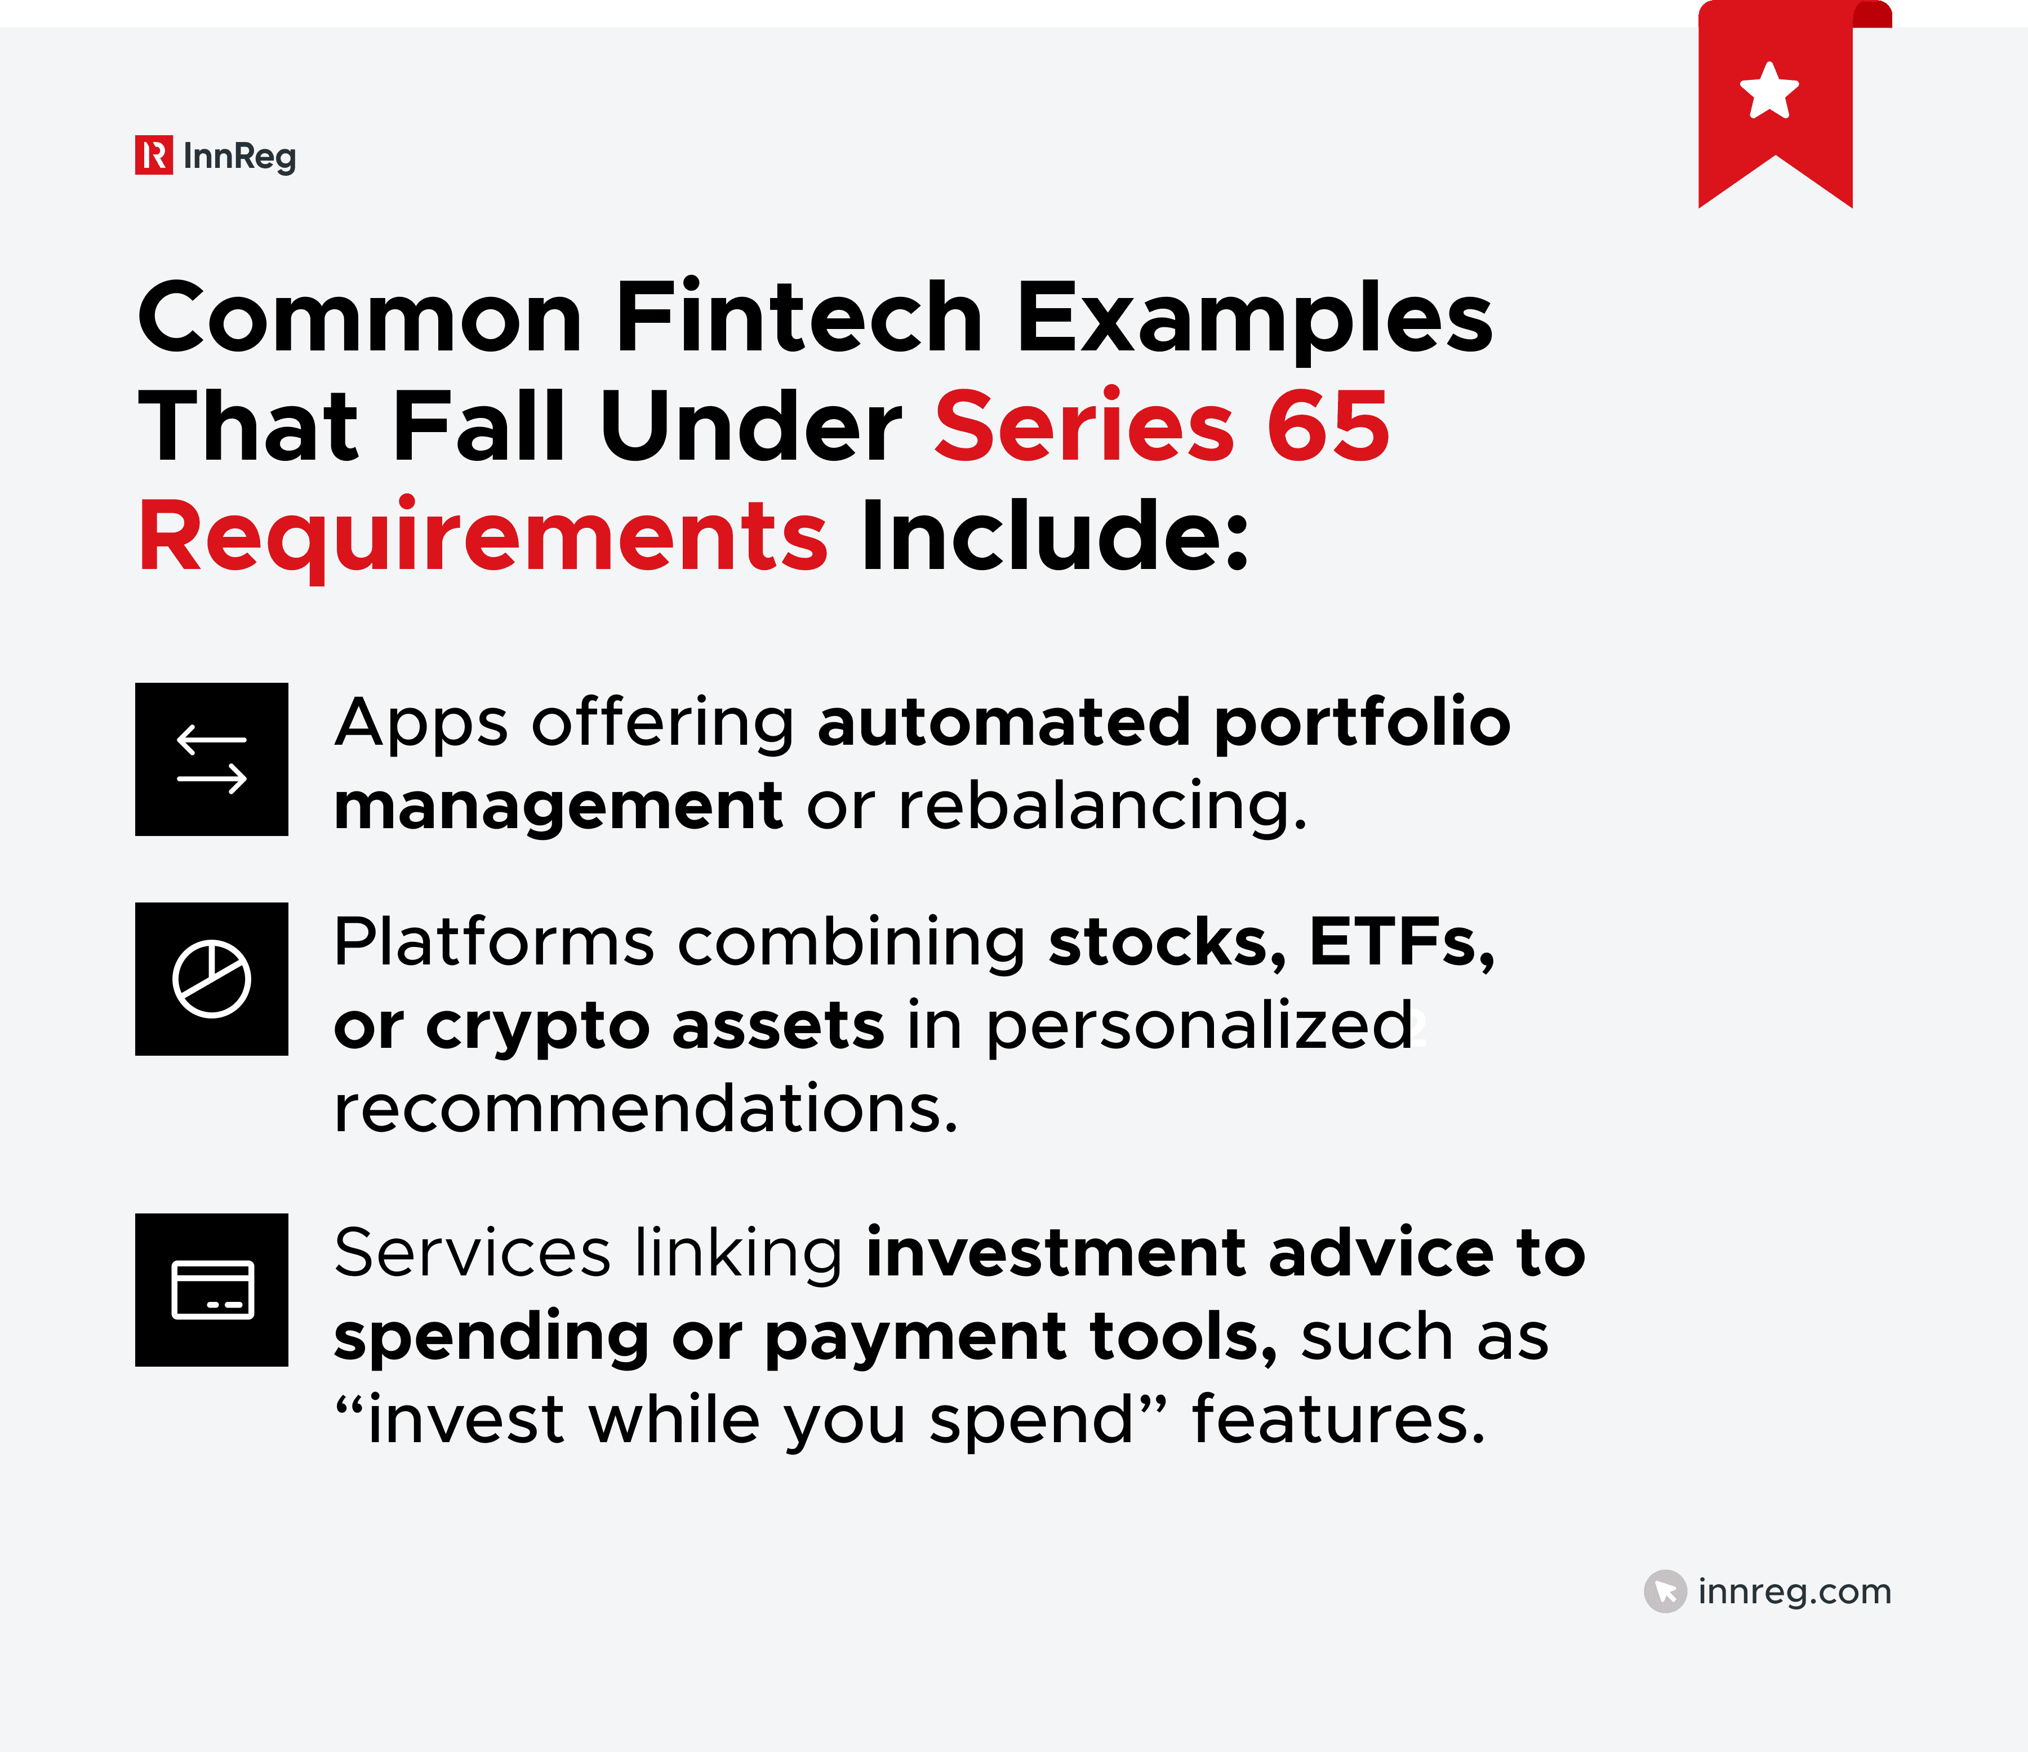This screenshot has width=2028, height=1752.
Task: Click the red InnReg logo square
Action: pyautogui.click(x=154, y=155)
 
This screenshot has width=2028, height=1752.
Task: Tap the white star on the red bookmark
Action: pyautogui.click(x=1769, y=91)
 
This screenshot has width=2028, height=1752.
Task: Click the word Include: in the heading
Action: pyautogui.click(x=1054, y=536)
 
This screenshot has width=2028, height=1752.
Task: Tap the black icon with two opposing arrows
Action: pyautogui.click(x=211, y=759)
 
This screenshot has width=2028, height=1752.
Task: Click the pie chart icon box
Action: pyautogui.click(x=211, y=979)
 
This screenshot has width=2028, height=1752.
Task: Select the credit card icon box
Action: pyautogui.click(x=211, y=1290)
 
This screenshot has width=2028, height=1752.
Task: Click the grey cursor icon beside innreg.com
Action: pyautogui.click(x=1665, y=1591)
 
